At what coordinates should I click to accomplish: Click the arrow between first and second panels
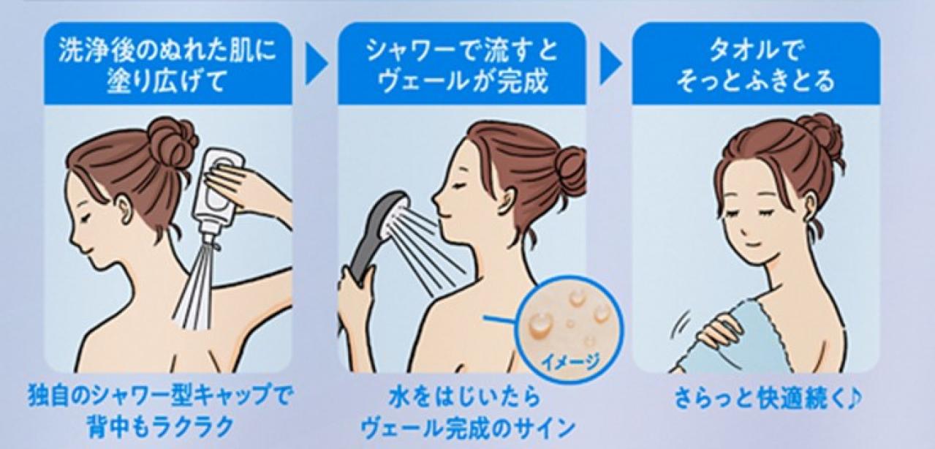[316, 64]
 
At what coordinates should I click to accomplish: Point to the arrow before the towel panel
[610, 64]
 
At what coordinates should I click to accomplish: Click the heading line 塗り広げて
[166, 80]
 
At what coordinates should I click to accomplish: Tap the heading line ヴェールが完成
[462, 80]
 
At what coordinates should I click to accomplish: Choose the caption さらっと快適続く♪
[768, 399]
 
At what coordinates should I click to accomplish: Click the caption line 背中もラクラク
[160, 427]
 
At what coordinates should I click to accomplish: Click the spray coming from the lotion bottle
[194, 288]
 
